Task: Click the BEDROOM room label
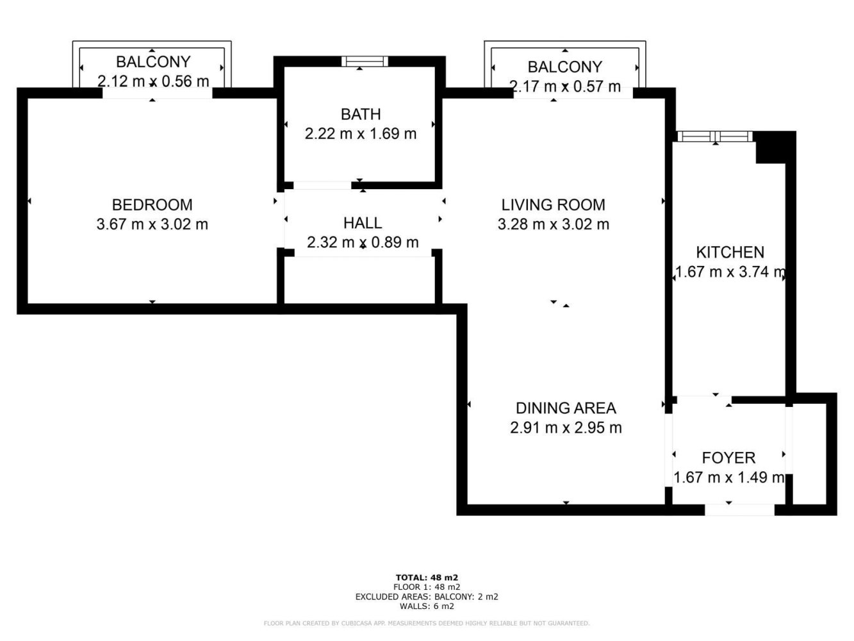152,204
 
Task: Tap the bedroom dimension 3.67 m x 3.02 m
152,224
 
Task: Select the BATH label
361,114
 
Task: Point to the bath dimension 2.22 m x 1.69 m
361,134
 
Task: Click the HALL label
363,223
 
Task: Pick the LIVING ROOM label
553,204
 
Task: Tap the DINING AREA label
566,408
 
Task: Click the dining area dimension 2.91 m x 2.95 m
566,428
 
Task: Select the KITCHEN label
730,252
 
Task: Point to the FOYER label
728,458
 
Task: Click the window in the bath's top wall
364,62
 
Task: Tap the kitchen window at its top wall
714,136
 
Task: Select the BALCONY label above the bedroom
153,62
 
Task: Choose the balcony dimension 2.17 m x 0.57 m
564,87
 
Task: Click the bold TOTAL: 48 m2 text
427,577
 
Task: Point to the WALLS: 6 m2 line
427,606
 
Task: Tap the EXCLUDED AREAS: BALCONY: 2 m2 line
427,596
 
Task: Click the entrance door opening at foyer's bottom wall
739,510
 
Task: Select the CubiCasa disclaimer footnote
427,623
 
